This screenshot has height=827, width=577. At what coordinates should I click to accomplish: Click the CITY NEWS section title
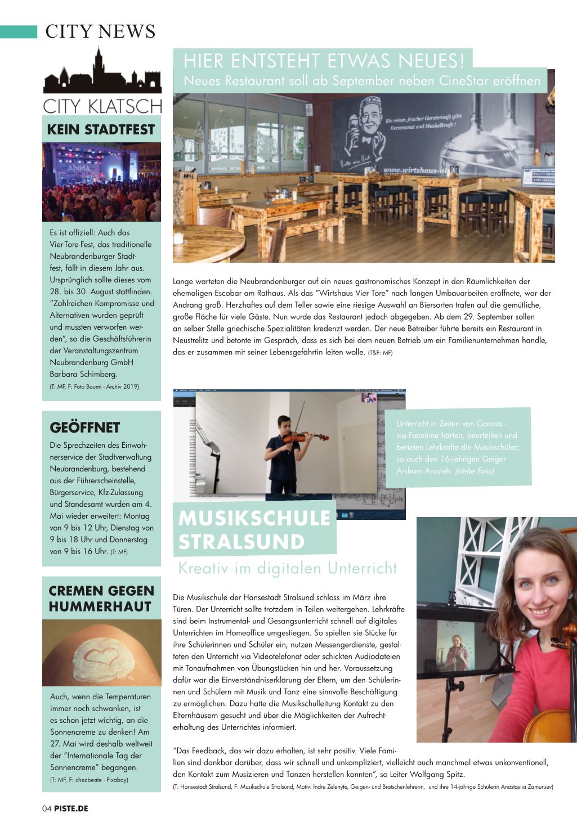[100, 32]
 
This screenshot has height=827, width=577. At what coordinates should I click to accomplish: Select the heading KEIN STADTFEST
[101, 129]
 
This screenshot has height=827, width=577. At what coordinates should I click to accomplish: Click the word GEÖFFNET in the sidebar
[85, 428]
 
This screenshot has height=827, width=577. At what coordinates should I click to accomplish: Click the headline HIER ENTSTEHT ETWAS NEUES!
[324, 60]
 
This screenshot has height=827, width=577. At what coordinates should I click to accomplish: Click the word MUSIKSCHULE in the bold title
[254, 518]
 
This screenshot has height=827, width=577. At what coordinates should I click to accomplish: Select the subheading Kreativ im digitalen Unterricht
[288, 568]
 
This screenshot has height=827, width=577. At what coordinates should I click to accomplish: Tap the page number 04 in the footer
[47, 808]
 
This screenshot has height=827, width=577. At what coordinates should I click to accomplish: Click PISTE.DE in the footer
[71, 808]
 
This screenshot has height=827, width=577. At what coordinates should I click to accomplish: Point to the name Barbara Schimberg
[83, 374]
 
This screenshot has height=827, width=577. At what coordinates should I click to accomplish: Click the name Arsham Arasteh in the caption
[424, 471]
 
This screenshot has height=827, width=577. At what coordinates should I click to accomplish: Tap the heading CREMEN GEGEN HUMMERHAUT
[101, 599]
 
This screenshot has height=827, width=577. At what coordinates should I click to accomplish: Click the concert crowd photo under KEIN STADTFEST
[101, 182]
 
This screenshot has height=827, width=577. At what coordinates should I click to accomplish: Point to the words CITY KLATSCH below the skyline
[102, 106]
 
